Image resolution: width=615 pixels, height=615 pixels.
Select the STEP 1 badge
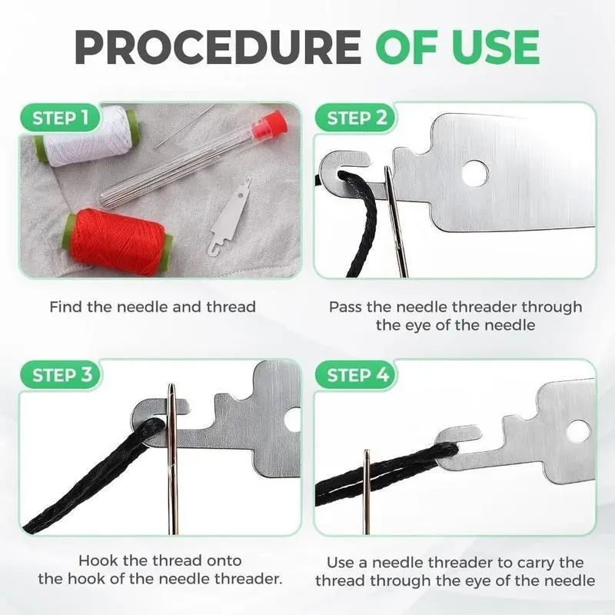(x=60, y=118)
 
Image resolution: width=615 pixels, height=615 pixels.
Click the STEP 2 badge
(x=356, y=118)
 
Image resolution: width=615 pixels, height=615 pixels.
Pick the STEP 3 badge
(x=61, y=374)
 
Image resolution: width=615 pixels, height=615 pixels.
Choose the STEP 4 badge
(x=356, y=374)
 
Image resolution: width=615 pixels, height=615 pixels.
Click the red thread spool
(x=117, y=241)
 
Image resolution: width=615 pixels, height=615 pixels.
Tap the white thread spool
(x=87, y=135)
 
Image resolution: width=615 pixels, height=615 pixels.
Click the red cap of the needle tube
(x=270, y=125)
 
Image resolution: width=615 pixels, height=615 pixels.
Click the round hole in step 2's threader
(x=474, y=173)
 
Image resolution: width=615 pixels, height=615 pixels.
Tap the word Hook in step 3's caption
(x=98, y=560)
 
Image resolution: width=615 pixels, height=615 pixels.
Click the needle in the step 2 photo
(x=395, y=221)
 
